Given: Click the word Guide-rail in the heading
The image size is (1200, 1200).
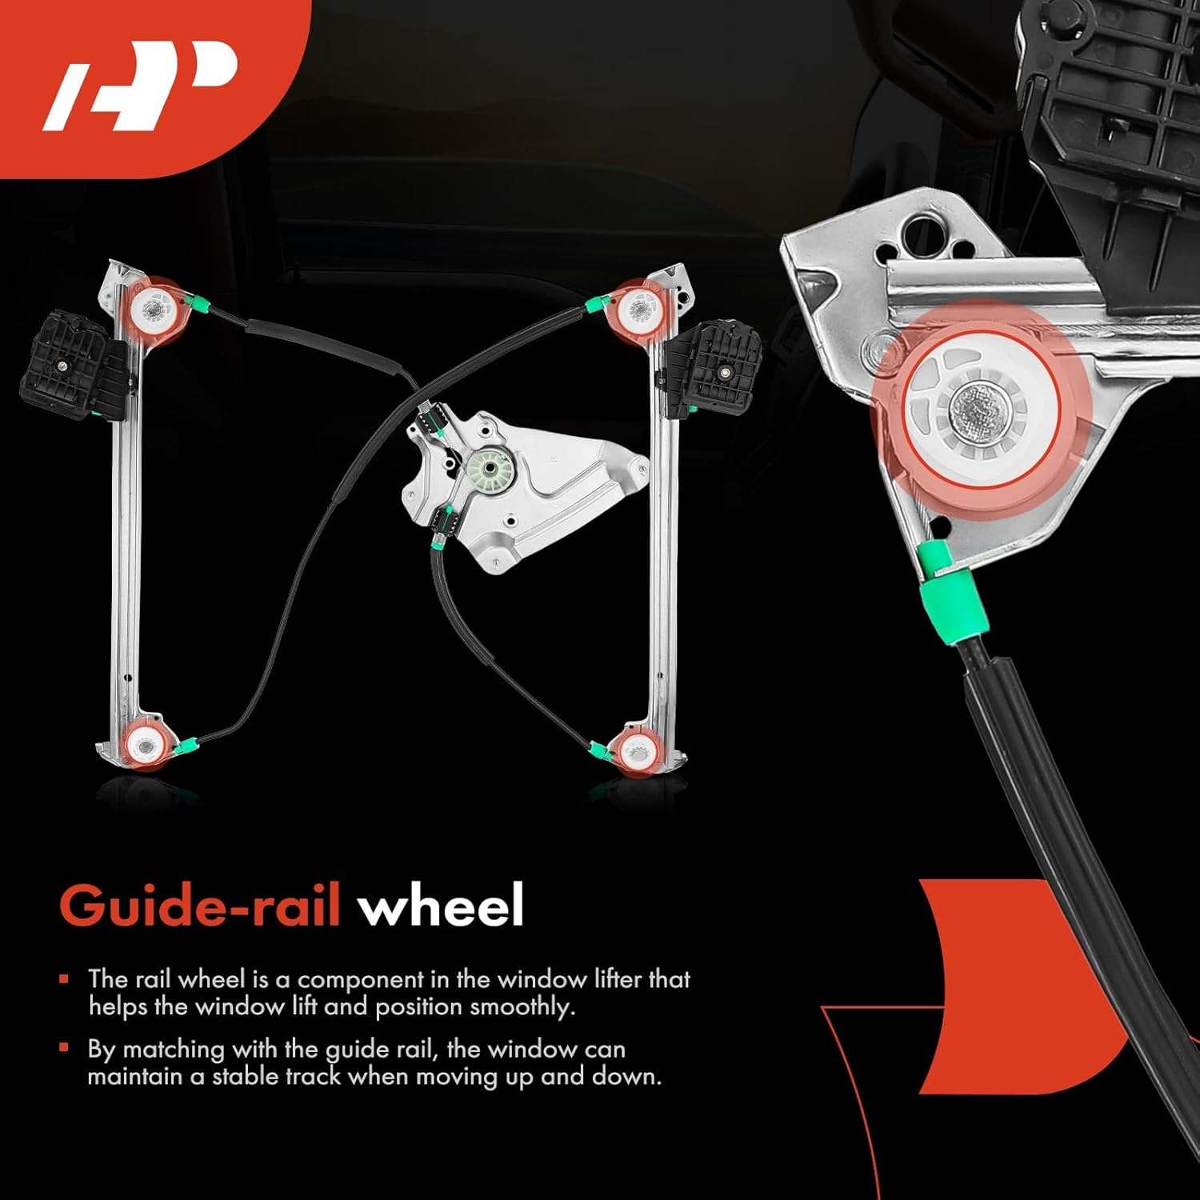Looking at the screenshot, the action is tap(200, 906).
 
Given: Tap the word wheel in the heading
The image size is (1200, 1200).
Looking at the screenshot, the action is tap(441, 906).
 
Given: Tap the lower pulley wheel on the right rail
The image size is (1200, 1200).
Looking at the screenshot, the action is tap(637, 751).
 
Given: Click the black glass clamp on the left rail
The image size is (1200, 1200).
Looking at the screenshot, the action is tap(72, 368).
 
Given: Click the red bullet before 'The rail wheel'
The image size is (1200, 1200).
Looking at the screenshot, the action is tap(64, 978).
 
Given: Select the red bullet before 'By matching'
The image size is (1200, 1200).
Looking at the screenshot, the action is tap(64, 1048).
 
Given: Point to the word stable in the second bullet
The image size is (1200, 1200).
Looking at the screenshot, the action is tap(246, 1077).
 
